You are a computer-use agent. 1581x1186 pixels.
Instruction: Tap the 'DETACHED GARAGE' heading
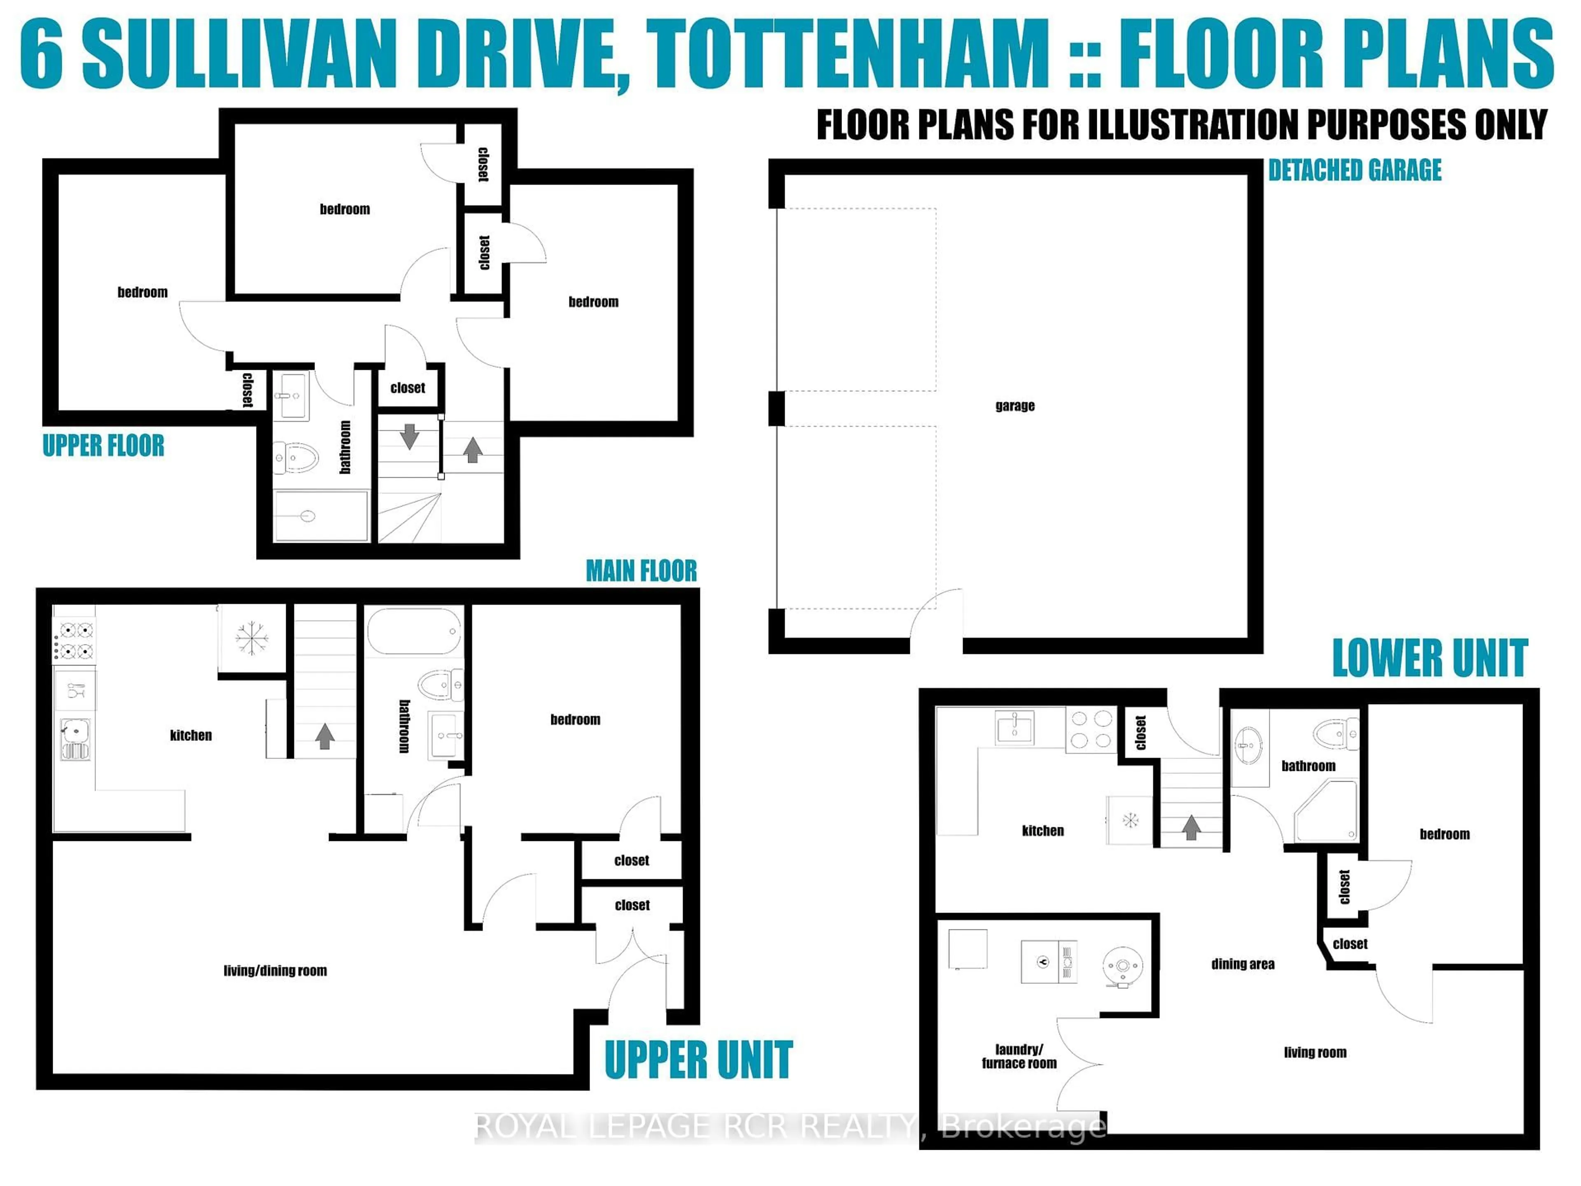1355,170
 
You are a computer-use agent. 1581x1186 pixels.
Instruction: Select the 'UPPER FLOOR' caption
104,446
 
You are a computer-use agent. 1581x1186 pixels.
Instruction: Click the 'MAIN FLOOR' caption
641,570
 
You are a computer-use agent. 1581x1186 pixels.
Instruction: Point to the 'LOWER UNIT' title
1429,658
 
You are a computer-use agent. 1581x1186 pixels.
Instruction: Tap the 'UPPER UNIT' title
698,1060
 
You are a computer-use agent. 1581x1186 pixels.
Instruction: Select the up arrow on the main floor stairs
324,735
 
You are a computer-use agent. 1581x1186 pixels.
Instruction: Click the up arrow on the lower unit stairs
1191,828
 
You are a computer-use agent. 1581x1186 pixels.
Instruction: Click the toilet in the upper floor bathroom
296,458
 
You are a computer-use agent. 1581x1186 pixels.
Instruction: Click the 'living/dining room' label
275,971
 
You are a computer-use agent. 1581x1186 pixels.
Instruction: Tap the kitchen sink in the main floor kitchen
75,738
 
